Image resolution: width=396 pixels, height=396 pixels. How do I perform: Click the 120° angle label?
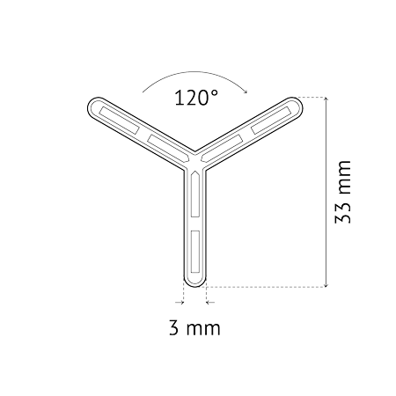pyautogui.click(x=196, y=98)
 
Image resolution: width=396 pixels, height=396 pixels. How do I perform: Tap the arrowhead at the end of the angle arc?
pyautogui.click(x=246, y=91)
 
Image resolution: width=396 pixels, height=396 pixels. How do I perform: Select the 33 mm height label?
pyautogui.click(x=342, y=192)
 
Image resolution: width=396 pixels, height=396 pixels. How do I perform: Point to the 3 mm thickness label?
pyautogui.click(x=194, y=328)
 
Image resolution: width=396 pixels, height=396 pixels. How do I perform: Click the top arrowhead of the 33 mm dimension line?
pyautogui.click(x=326, y=99)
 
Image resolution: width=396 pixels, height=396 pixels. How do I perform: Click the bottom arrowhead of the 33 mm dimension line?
pyautogui.click(x=326, y=284)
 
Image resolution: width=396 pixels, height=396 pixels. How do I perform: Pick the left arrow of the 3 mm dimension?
pyautogui.click(x=180, y=302)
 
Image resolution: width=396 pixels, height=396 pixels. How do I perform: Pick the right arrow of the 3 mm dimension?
pyautogui.click(x=210, y=302)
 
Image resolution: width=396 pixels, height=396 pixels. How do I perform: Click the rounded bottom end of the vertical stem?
pyautogui.click(x=194, y=284)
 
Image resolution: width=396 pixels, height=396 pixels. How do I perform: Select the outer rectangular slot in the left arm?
pyautogui.click(x=120, y=120)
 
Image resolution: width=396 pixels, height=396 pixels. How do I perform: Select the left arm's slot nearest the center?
pyautogui.click(x=168, y=148)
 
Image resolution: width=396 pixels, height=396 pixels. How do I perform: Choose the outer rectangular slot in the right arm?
pyautogui.click(x=271, y=121)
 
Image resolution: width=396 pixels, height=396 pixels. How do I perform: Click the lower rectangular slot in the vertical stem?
pyautogui.click(x=195, y=251)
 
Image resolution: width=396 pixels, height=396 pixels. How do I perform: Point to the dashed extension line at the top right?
pyautogui.click(x=310, y=97)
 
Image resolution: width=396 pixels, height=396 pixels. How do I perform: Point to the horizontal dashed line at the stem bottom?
pyautogui.click(x=267, y=287)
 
